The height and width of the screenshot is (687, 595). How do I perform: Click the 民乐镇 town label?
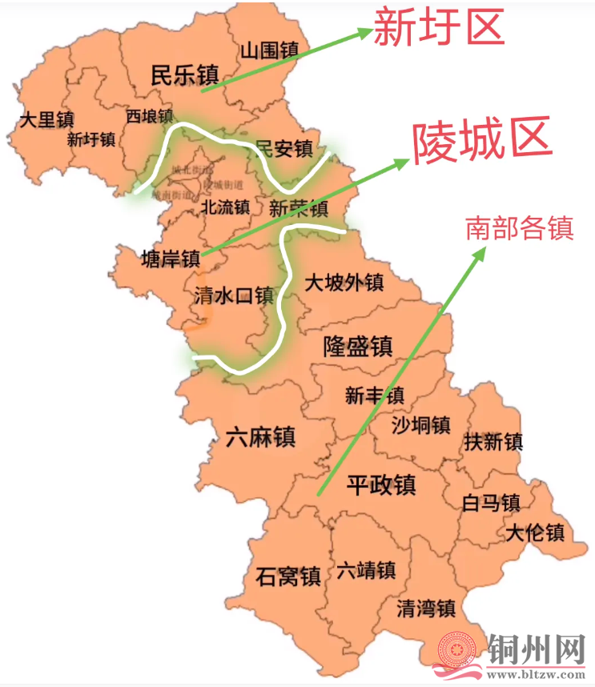pyautogui.click(x=184, y=75)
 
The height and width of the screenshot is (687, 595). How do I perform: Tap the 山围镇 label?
pyautogui.click(x=269, y=50)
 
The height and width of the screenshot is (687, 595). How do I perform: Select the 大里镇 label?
pyautogui.click(x=46, y=120)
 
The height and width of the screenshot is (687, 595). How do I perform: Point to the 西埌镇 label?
pyautogui.click(x=149, y=116)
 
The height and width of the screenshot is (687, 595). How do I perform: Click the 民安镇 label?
pyautogui.click(x=283, y=148)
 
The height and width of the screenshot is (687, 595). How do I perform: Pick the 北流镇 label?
pyautogui.click(x=225, y=207)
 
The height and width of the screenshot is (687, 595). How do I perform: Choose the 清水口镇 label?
pyautogui.click(x=234, y=296)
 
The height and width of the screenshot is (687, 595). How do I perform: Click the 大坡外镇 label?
pyautogui.click(x=344, y=283)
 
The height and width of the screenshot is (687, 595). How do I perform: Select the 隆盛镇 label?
pyautogui.click(x=358, y=346)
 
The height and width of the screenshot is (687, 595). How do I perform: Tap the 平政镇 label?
pyautogui.click(x=381, y=484)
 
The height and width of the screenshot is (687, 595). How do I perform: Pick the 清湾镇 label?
pyautogui.click(x=426, y=608)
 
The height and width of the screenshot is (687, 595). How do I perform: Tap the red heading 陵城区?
pyautogui.click(x=482, y=142)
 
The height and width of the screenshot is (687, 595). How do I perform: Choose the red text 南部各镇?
pyautogui.click(x=520, y=229)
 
